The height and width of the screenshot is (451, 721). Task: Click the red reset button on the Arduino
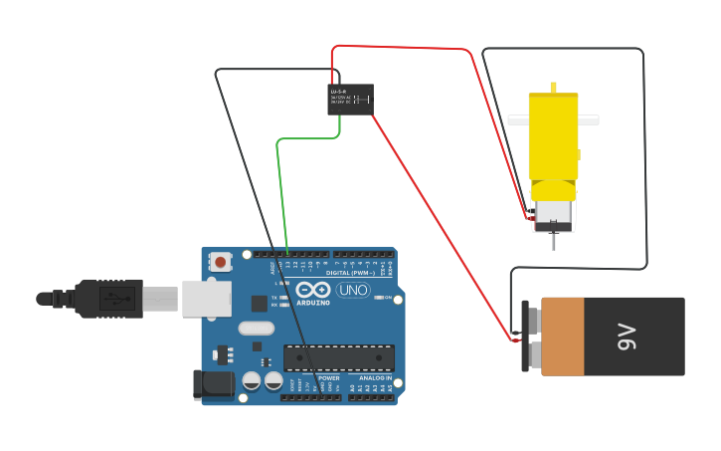[x=220, y=262]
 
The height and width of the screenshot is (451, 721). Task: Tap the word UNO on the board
[x=352, y=291]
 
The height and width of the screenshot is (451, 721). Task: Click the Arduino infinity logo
[x=311, y=290]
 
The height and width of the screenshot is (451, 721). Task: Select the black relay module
[x=350, y=99]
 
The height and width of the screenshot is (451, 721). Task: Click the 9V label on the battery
[x=626, y=337]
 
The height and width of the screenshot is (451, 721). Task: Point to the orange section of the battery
[x=562, y=337]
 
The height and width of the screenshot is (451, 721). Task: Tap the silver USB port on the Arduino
[x=206, y=298]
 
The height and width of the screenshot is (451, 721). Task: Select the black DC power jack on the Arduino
[x=213, y=383]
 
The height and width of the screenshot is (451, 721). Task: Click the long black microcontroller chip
[x=339, y=357]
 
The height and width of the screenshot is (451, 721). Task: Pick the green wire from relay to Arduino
[x=279, y=189]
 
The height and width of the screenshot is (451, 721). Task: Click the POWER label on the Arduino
[x=329, y=378]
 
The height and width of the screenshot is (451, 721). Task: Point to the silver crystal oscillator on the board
[x=256, y=328]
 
